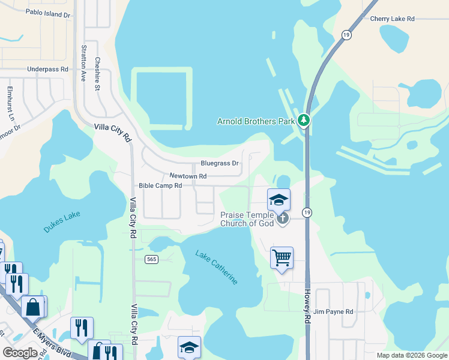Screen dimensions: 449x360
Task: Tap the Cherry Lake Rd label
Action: (x=393, y=19)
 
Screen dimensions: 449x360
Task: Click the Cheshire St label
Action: (x=97, y=74)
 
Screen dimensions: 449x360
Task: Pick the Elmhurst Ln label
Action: (x=10, y=103)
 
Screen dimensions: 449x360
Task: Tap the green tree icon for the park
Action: (x=304, y=121)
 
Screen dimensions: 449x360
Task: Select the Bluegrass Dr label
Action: (x=220, y=163)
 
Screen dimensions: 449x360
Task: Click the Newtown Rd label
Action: (x=188, y=176)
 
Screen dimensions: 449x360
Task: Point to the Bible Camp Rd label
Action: (x=160, y=186)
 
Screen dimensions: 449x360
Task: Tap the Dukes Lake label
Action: (x=61, y=221)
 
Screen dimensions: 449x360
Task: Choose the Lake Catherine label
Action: (x=216, y=267)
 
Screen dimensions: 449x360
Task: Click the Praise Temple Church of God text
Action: (x=247, y=219)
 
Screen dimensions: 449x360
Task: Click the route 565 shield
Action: (x=151, y=259)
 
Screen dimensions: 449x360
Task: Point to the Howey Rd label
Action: (x=307, y=306)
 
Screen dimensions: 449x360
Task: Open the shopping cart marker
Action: (x=282, y=258)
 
